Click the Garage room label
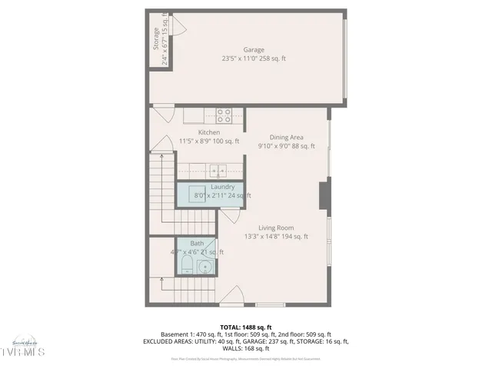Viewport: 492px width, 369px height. pos(253,50)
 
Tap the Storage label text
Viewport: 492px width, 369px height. pos(156,39)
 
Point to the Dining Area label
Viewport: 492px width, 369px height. pos(285,138)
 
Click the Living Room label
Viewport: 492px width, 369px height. pos(275,228)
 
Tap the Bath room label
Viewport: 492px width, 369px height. pos(197,244)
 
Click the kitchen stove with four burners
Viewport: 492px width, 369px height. pos(224,116)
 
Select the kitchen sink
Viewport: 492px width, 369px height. pos(218,171)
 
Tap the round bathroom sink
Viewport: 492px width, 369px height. pos(204,267)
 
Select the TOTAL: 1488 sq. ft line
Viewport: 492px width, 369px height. pos(245,327)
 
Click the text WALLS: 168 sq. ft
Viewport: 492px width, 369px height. pos(245,348)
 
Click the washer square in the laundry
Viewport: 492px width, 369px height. pos(192,193)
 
